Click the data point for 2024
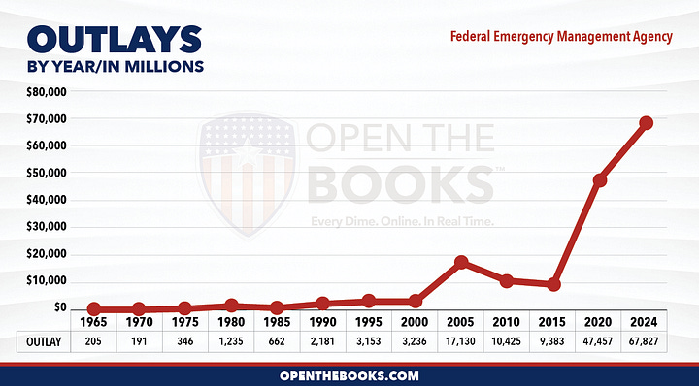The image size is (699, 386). click(x=646, y=123)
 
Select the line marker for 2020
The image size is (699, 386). click(x=601, y=180)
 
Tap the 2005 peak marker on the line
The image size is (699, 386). click(x=462, y=262)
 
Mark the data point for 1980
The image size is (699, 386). click(x=231, y=306)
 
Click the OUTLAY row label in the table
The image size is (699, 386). click(x=43, y=340)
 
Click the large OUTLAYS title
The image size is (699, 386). click(x=108, y=41)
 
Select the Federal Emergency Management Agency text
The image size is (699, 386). click(x=561, y=36)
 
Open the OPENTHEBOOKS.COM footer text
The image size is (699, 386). click(x=349, y=374)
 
